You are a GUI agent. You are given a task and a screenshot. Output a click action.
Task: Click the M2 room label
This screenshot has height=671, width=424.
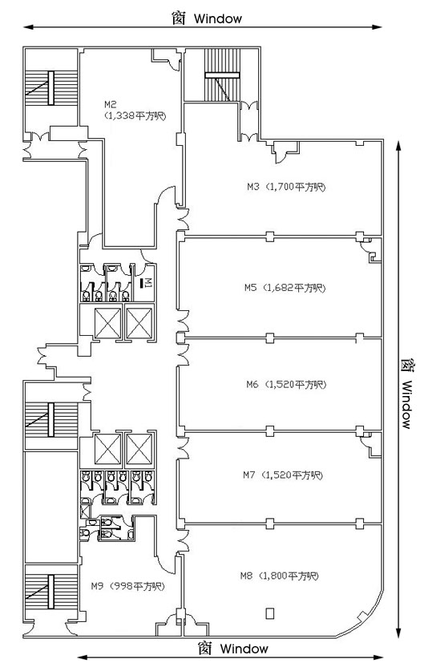click(x=111, y=104)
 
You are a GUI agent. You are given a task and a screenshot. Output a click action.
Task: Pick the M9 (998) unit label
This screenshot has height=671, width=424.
click(x=128, y=586)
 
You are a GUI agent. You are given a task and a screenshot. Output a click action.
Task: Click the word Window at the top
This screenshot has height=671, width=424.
click(x=218, y=18)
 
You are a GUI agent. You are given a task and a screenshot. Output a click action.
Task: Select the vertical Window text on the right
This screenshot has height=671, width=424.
click(x=406, y=404)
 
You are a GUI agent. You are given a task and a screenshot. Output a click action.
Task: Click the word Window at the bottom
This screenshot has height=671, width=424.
click(x=244, y=649)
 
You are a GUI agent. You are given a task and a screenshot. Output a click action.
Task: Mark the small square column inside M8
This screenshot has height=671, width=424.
click(x=269, y=612)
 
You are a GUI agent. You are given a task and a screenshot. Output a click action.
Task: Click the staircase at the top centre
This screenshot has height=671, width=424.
click(x=222, y=75)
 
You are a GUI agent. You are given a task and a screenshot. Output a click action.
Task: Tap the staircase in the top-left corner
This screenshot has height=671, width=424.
click(x=51, y=88)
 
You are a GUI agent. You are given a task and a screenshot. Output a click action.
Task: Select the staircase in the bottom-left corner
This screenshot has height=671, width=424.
click(x=51, y=592)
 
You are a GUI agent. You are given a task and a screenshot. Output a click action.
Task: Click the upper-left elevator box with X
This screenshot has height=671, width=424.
click(x=107, y=323)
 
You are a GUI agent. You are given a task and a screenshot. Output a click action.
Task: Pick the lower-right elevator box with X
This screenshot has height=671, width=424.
click(x=139, y=449)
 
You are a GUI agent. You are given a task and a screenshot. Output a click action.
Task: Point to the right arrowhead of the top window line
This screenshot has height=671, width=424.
click(x=377, y=27)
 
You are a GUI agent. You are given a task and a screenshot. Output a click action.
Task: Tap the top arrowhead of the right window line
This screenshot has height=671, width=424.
click(x=398, y=147)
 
